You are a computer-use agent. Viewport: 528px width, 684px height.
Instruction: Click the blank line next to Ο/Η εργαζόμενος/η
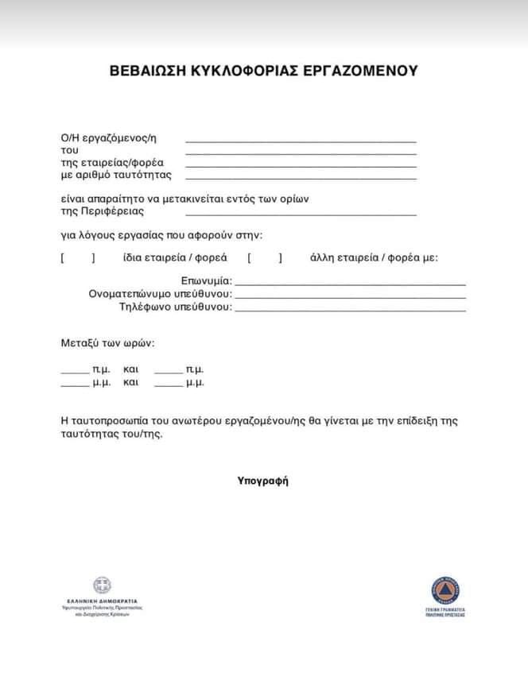301,141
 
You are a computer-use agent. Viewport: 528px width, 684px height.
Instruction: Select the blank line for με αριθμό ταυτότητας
301,178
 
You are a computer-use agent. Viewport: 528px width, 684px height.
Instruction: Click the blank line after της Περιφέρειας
301,214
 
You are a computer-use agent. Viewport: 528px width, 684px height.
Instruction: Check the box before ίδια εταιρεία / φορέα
78,257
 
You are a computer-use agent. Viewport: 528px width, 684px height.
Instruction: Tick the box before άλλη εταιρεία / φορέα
265,257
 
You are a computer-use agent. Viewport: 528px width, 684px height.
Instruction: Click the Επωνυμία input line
350,283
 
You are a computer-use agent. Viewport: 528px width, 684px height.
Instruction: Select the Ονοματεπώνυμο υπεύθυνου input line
350,296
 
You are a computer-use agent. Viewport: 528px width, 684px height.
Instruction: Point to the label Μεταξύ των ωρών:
107,344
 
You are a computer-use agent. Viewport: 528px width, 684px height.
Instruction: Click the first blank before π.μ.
75,371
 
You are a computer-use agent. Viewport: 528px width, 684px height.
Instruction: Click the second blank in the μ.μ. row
169,384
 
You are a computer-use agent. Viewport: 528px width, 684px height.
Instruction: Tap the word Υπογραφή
262,481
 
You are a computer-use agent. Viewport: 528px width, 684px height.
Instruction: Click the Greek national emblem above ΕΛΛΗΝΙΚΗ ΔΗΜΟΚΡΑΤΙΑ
102,585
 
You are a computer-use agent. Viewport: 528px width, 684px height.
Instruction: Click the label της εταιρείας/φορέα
112,163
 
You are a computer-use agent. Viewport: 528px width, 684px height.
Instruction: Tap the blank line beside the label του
301,153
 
